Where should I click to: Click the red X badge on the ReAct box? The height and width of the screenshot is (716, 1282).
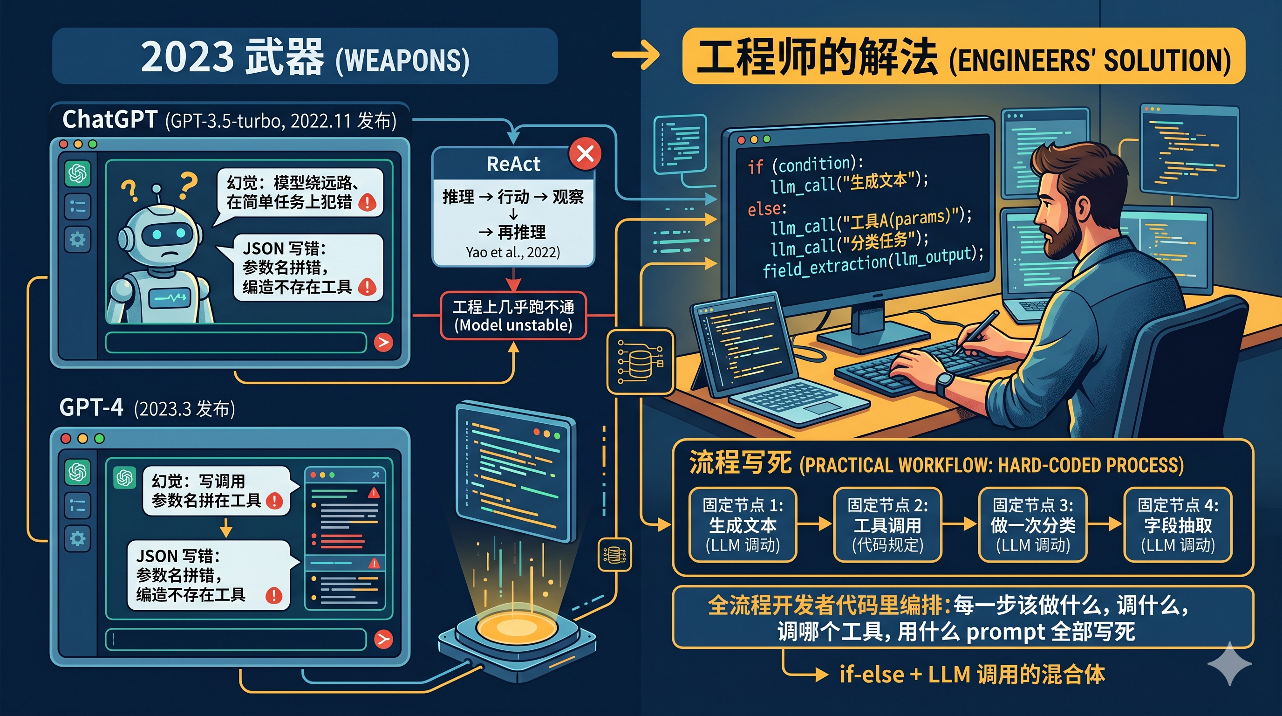coord(585,153)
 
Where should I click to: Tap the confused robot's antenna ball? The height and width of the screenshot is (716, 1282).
coord(157,189)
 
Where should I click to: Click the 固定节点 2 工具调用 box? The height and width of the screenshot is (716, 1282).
coord(887,525)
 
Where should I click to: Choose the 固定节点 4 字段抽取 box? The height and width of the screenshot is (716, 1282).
coord(1178,525)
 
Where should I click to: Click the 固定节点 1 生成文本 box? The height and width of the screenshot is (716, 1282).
coord(743,525)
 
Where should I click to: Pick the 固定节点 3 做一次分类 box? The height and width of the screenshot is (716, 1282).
coord(1033,525)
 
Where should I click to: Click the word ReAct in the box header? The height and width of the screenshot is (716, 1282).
coord(513,164)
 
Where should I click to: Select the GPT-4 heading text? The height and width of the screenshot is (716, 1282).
coord(91,407)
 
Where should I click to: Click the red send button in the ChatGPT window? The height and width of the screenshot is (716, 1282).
coord(383,342)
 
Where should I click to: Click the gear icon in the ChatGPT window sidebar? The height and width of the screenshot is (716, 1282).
coord(77,240)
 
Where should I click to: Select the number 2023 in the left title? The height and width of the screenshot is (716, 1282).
coord(187,56)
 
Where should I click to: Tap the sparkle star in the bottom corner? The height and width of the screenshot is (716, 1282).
coord(1229,664)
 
